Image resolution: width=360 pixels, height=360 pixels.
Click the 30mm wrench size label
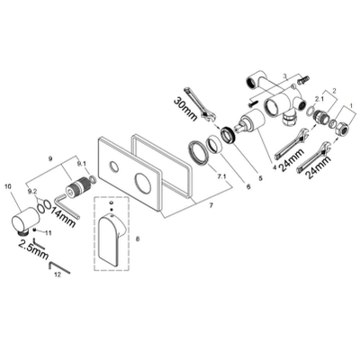(185, 109)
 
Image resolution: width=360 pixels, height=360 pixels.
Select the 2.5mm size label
(33, 248)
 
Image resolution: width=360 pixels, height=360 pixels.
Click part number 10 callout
(8, 186)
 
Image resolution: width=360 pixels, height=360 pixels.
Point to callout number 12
(58, 274)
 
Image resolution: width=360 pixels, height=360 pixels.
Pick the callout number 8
(138, 238)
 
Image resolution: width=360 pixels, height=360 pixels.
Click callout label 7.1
(221, 176)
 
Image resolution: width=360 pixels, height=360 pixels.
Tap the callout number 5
(260, 178)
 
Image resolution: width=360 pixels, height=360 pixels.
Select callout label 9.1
(81, 163)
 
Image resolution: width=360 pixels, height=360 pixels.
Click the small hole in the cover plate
(113, 166)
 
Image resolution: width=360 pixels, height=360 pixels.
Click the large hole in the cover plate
(142, 182)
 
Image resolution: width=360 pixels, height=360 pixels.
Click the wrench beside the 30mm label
(199, 103)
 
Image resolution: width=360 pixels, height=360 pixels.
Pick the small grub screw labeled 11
(36, 230)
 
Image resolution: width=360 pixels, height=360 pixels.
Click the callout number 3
(285, 76)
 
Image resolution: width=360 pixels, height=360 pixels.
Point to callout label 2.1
(318, 98)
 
